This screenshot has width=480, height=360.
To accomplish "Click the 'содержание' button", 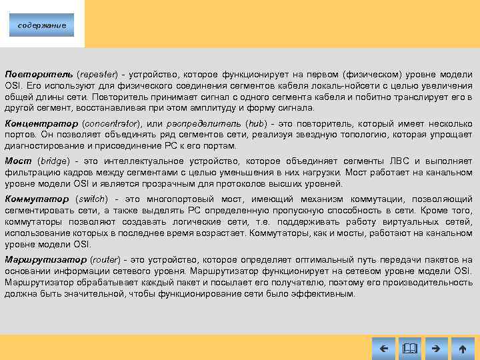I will pos(41,25).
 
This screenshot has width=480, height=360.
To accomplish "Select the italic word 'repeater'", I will pos(97,74).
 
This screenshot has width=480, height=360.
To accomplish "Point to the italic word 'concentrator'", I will pos(111,124).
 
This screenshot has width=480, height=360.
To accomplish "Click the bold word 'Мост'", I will pos(18,161).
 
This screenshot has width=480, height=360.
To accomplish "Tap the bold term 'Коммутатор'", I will pos(37,199).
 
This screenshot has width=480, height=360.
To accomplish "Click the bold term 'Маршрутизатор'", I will pos(44,259).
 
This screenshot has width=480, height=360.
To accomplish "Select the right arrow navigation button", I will pos(436,348).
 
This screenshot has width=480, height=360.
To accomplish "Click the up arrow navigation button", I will pos(463,348).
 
